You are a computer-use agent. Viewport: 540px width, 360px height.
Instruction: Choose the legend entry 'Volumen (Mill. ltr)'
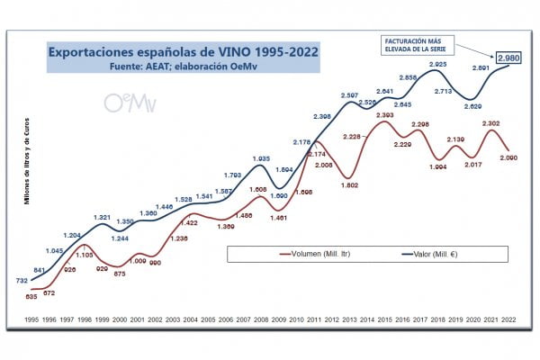314,255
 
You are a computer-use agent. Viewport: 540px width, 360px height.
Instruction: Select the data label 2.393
385,115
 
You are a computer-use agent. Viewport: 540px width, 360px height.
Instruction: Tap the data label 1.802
349,185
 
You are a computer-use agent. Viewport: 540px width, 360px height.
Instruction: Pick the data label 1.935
262,157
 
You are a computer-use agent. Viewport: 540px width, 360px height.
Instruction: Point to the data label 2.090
509,158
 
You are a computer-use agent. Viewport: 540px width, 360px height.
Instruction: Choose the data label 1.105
84,255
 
